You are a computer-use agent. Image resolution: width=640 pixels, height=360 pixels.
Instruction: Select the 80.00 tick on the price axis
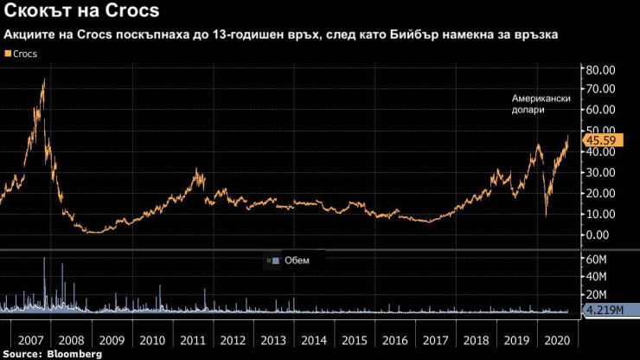600,69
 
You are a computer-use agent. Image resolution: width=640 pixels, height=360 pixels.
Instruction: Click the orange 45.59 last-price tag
601,139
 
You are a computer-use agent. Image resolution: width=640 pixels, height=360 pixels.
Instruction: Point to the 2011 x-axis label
193,341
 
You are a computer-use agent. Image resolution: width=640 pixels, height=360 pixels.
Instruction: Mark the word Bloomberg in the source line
74,354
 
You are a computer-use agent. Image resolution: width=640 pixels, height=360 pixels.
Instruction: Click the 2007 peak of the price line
43,80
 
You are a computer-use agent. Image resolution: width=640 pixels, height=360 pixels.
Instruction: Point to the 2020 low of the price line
545,215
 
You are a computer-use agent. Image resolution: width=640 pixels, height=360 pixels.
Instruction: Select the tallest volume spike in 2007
44,260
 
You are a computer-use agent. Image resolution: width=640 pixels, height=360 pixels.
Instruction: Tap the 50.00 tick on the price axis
600,132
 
